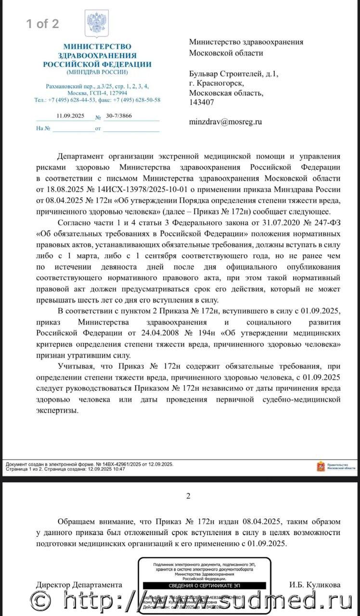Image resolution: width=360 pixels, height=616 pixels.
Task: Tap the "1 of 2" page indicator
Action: pos(42,24)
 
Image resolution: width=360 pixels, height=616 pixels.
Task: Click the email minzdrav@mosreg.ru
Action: pos(225,122)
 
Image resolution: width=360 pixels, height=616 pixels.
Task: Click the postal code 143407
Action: pos(202,102)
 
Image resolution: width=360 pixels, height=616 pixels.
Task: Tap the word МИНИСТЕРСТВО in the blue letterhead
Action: pos(97,47)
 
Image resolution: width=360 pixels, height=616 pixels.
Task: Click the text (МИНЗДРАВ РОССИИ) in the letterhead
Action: pos(97,72)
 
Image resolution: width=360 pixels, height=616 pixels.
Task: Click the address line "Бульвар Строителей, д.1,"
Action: pos(233,74)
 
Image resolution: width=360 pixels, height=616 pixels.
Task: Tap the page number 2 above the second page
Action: pos(188,496)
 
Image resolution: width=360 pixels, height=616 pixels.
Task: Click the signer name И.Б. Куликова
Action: pos(315,585)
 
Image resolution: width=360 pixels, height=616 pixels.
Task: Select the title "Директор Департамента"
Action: pos(79,585)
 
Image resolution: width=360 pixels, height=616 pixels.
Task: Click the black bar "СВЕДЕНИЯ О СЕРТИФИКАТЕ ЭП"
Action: pos(205,586)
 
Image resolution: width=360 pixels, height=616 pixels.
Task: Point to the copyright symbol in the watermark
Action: pos(41,601)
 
